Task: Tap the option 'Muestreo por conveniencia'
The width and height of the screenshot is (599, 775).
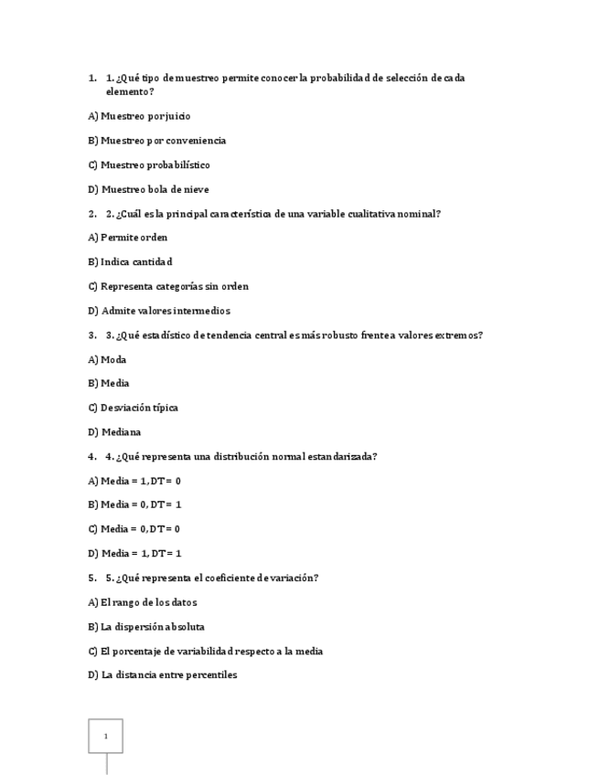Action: click(156, 141)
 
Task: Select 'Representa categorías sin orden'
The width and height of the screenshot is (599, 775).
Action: click(168, 286)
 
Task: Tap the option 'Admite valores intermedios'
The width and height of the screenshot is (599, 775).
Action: click(159, 311)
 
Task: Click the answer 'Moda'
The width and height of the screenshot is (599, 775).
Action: click(107, 360)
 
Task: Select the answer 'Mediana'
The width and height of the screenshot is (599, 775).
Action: click(114, 432)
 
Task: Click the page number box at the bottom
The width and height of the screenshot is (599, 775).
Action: click(105, 736)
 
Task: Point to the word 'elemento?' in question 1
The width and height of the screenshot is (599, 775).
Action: click(130, 91)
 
